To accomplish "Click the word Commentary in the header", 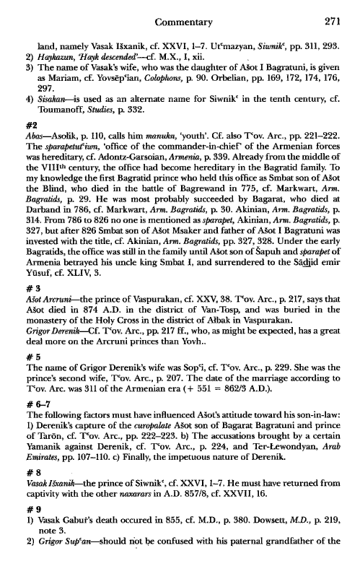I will (x=186, y=12).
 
